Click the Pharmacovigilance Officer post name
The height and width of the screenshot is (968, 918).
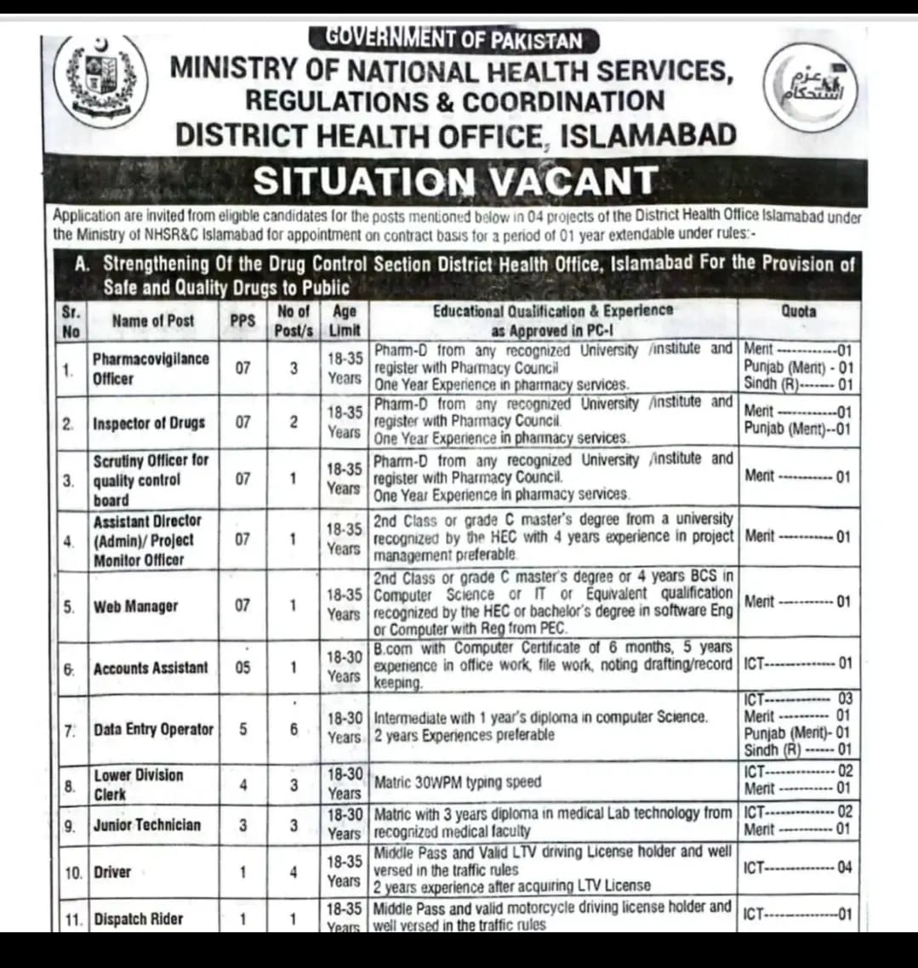(151, 368)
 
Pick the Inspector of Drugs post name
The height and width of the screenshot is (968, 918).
(149, 422)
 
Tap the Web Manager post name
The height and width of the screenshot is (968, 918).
(135, 606)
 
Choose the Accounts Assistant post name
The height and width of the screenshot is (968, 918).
(150, 668)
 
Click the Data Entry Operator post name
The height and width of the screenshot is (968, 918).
(153, 729)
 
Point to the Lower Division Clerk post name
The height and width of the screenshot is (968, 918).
(138, 784)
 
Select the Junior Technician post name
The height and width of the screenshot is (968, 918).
(147, 824)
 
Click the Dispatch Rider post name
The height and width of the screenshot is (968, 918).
(138, 919)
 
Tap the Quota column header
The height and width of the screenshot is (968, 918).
(798, 311)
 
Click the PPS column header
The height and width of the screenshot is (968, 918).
(242, 321)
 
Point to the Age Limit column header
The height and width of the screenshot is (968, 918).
(345, 320)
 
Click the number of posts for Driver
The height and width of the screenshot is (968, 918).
(293, 871)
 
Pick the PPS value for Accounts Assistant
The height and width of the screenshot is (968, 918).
(242, 668)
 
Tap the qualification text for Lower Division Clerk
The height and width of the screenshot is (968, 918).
(458, 782)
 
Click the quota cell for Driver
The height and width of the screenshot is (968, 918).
(797, 868)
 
